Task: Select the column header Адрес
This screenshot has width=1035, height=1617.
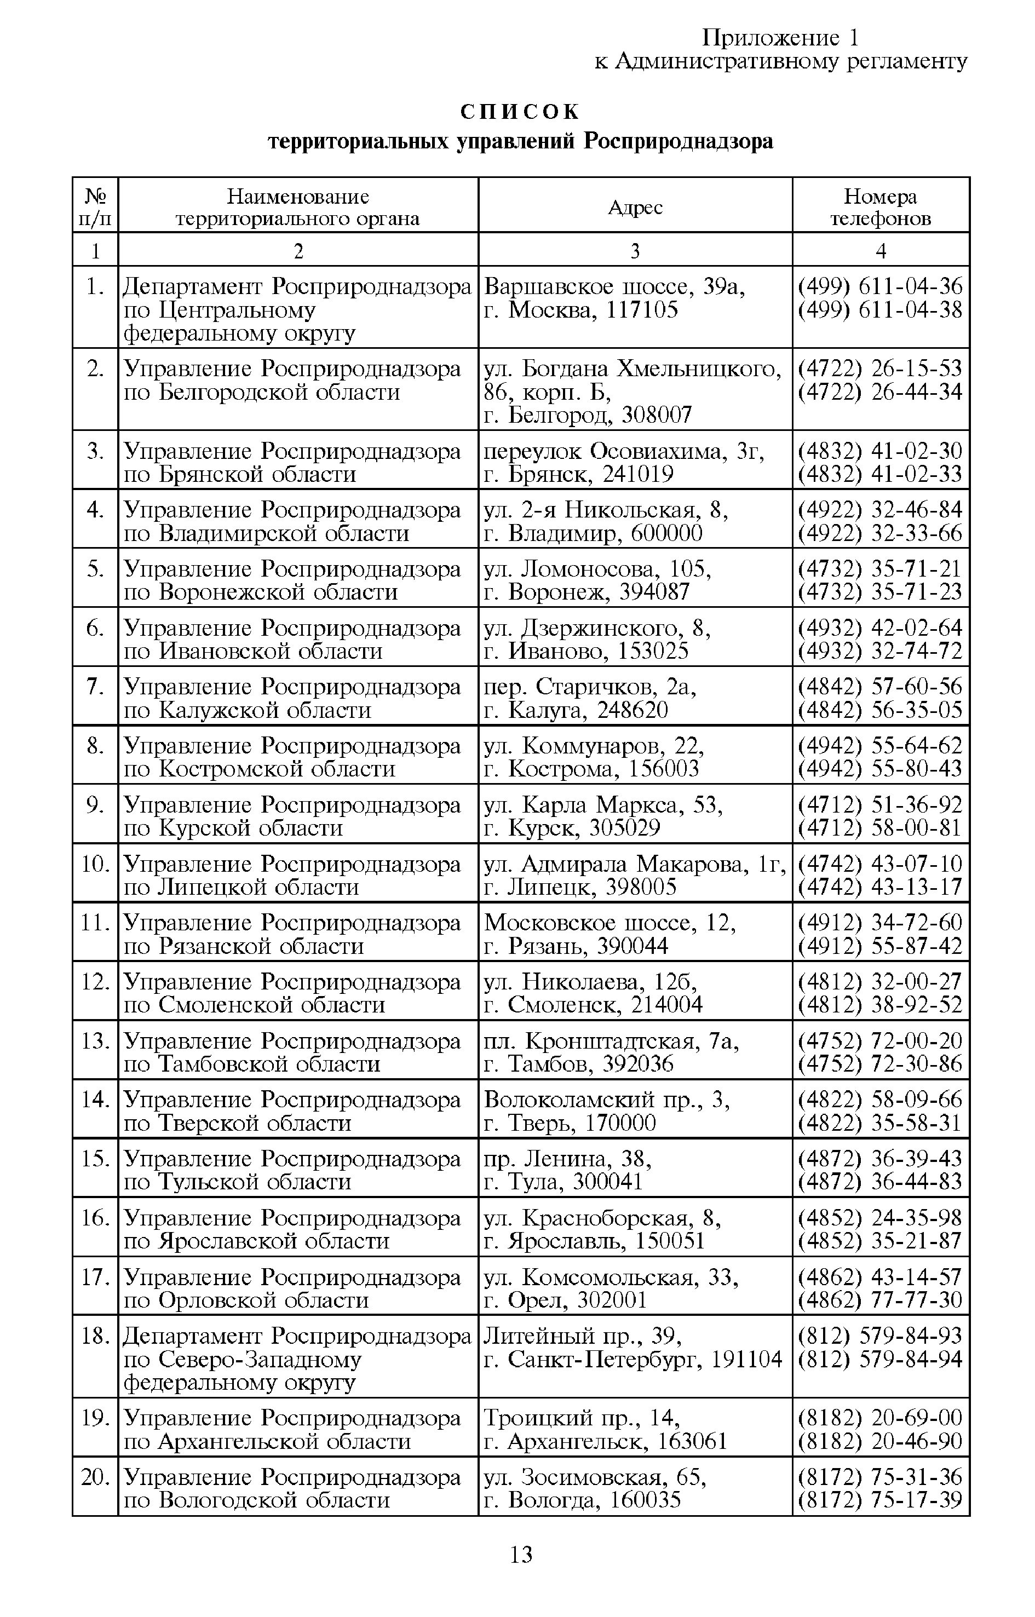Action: coord(635,208)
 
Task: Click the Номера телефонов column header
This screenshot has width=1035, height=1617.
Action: coord(881,208)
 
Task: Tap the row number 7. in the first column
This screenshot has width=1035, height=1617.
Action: coord(95,687)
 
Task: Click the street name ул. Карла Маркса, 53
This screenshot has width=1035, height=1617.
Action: coord(603,805)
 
